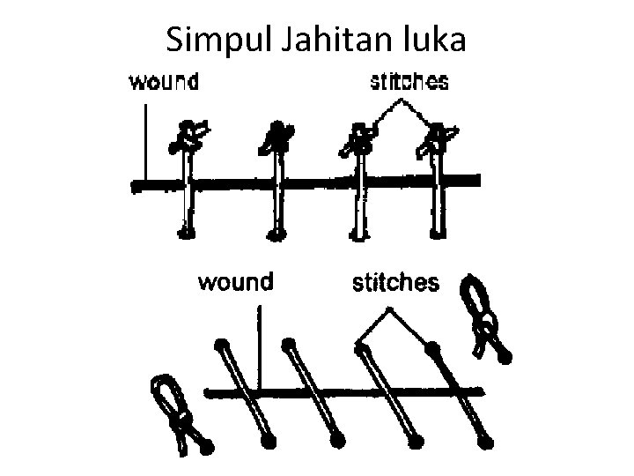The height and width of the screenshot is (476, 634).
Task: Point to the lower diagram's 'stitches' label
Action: pyautogui.click(x=394, y=282)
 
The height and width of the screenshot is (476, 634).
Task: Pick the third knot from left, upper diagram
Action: pyautogui.click(x=359, y=137)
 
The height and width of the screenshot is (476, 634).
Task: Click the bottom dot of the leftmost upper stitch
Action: pyautogui.click(x=186, y=233)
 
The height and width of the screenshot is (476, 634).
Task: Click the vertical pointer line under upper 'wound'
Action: pyautogui.click(x=143, y=141)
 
